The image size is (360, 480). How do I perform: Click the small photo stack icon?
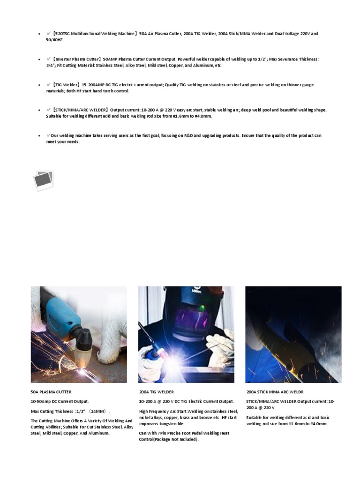point(44,180)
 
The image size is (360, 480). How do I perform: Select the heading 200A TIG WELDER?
point(156,392)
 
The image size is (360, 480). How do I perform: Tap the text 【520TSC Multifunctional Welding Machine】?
point(95,34)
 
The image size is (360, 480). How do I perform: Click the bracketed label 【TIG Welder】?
point(66,85)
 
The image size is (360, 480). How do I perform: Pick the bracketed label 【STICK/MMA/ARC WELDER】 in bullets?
point(80,110)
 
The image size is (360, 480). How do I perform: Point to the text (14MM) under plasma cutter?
point(99,411)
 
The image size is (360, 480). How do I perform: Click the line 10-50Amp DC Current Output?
point(60,402)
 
